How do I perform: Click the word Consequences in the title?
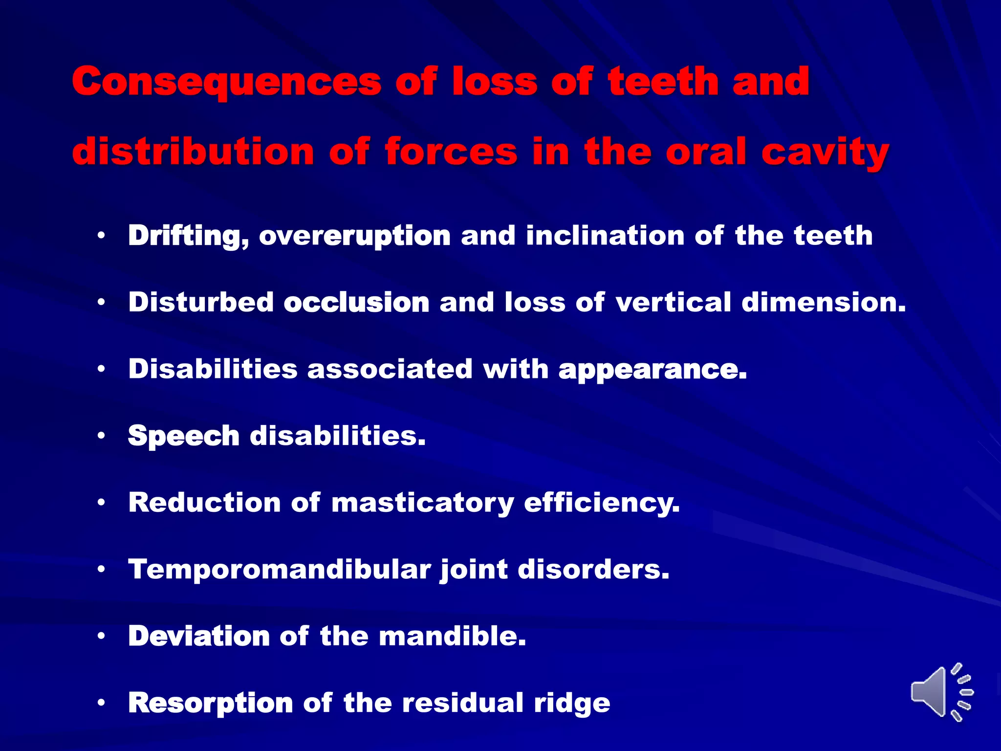226,82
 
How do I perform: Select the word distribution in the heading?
193,152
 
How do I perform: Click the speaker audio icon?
941,692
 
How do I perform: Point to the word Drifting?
189,236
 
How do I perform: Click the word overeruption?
355,237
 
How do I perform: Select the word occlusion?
356,302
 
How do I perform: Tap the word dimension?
824,302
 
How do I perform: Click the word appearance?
653,370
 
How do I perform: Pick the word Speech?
183,436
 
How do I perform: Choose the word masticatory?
422,503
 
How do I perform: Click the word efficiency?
602,503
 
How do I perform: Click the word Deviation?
198,636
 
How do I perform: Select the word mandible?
452,636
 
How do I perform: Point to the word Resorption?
210,704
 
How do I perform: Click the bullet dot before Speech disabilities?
101,435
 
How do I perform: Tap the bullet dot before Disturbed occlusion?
101,302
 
